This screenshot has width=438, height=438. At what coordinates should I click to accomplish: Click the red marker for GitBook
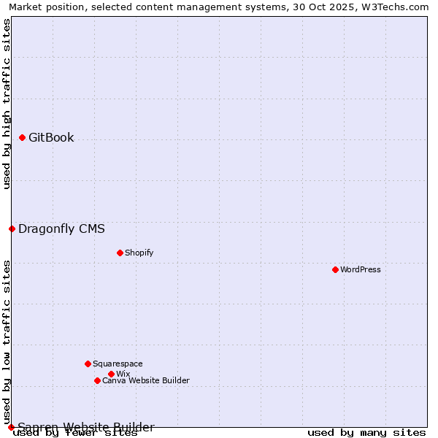(x=22, y=137)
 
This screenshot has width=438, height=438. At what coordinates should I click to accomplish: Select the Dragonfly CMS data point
(x=12, y=228)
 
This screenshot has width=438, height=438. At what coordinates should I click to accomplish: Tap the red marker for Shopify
(x=120, y=253)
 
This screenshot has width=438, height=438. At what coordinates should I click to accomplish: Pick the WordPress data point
(x=335, y=269)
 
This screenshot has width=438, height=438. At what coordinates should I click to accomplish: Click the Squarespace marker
(x=88, y=364)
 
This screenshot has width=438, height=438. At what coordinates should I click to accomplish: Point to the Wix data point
(x=111, y=374)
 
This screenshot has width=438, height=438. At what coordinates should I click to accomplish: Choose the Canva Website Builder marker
(x=97, y=380)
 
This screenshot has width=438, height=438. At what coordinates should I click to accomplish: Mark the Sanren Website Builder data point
(x=11, y=427)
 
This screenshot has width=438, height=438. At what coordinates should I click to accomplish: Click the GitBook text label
(x=51, y=137)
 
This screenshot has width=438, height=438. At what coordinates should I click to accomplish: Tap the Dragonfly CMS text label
(x=61, y=228)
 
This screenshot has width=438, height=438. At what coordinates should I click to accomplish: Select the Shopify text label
(x=139, y=253)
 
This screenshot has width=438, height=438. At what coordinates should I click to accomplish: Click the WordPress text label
(x=361, y=269)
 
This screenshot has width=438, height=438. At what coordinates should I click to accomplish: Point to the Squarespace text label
(x=118, y=364)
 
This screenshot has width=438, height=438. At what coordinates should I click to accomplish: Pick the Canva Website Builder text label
(x=146, y=380)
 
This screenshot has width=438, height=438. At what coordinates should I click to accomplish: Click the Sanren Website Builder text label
(x=86, y=427)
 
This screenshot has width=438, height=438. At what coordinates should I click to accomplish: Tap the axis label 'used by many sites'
(x=366, y=432)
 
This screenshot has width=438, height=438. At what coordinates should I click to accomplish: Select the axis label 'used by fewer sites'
(x=75, y=433)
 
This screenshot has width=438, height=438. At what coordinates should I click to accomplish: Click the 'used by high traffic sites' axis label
(x=7, y=104)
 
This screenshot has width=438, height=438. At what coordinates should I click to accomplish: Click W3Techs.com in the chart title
(x=399, y=7)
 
